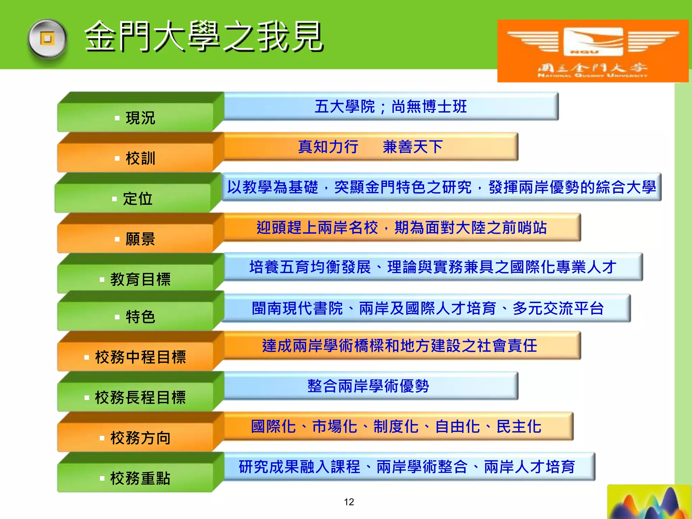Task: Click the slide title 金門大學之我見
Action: coord(204,36)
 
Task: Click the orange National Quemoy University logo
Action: coord(593,51)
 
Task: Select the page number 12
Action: coord(349,502)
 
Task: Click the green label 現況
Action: coord(140,118)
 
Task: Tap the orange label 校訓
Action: coord(140,158)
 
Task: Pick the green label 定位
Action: coord(138,199)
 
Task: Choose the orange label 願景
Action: coord(140,239)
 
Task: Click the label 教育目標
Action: coord(140,279)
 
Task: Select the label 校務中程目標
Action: coord(140,357)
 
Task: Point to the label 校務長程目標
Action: coord(140,397)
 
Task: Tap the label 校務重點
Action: coord(140,478)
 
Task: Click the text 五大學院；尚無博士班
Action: coord(391,107)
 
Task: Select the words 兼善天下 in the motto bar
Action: coord(413,147)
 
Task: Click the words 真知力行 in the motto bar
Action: coord(328,147)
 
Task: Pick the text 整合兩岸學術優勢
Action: coord(368,386)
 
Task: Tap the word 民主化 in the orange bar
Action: coord(519,426)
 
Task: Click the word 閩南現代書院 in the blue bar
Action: coord(297,308)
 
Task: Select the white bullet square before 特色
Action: coord(117,317)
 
